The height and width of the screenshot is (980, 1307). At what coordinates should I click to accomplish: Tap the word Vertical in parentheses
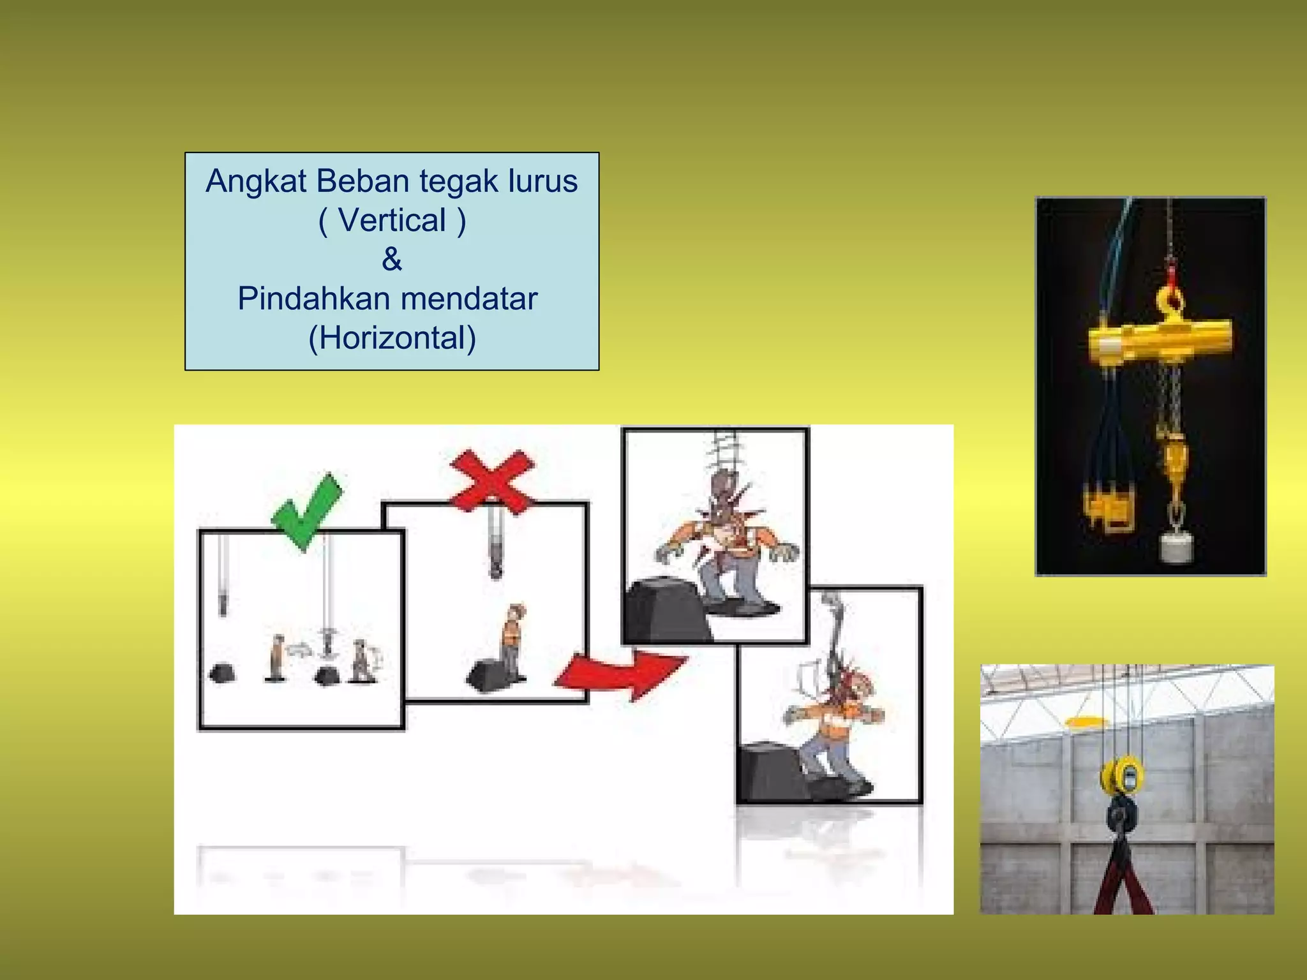pos(392,221)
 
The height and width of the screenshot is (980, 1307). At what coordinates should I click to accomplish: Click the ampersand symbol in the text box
pos(392,260)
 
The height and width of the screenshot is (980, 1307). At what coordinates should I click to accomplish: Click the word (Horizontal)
pos(392,338)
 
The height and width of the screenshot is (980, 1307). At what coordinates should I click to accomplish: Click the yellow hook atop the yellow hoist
pos(1170,303)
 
